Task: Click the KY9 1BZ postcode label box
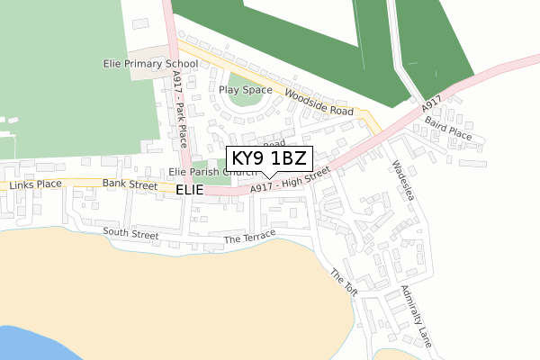[x=269, y=159]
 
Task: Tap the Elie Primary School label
[x=149, y=65]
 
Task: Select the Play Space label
[x=246, y=90]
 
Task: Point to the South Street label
[x=130, y=233]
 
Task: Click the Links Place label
[x=36, y=184]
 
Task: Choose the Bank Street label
[x=130, y=183]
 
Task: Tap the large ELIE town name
[x=190, y=191]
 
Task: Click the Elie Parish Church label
[x=212, y=171]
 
